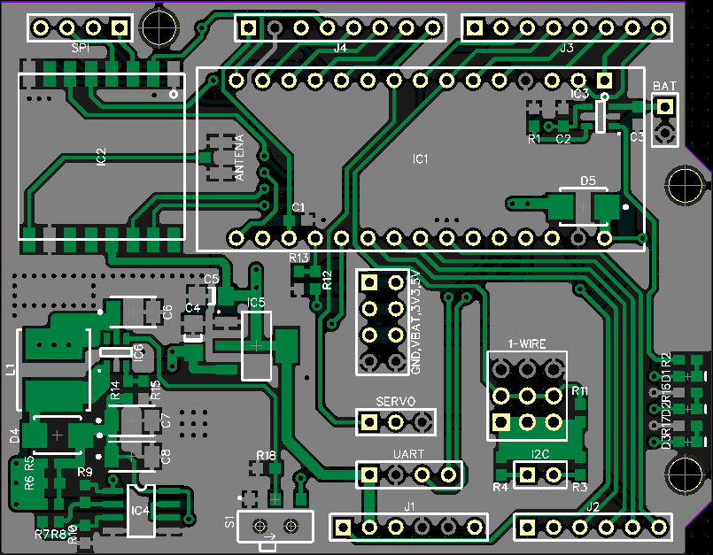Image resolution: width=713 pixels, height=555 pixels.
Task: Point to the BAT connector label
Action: [x=665, y=86]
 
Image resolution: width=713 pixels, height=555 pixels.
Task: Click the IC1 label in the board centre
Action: [x=421, y=160]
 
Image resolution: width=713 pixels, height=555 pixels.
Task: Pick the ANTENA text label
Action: [x=238, y=159]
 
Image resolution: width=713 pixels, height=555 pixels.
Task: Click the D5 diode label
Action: [x=588, y=181]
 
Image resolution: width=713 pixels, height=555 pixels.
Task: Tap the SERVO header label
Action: [x=395, y=401]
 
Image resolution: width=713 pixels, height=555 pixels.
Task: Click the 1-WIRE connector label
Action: [x=526, y=343]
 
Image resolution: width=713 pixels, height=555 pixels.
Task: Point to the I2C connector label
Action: [x=540, y=455]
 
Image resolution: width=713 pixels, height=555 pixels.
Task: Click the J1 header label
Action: [x=409, y=507]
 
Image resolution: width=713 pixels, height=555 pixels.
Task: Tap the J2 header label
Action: [x=593, y=507]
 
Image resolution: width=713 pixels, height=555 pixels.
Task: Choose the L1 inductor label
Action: [x=12, y=370]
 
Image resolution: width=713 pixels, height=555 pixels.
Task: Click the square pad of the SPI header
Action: [x=120, y=27]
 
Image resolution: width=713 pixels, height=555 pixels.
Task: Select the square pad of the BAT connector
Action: [x=665, y=107]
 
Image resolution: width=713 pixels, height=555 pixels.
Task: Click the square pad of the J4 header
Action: [x=249, y=27]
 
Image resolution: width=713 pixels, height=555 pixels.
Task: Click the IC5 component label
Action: [x=256, y=304]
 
